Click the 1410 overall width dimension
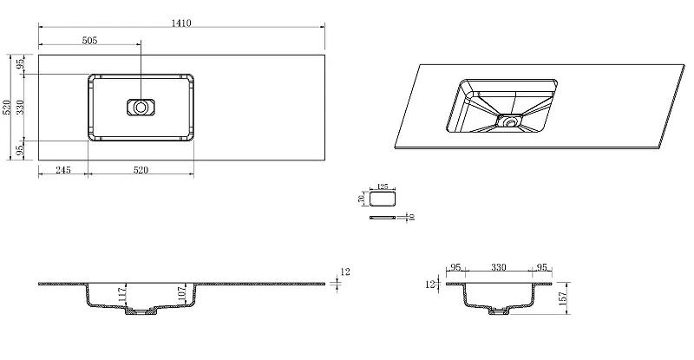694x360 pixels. pyautogui.click(x=181, y=23)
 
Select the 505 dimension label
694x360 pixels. pyautogui.click(x=89, y=41)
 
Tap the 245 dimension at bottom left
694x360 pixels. pyautogui.click(x=63, y=170)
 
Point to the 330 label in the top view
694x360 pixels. pyautogui.click(x=20, y=108)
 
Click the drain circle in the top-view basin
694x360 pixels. pyautogui.click(x=141, y=108)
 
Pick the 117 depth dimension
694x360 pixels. pyautogui.click(x=122, y=293)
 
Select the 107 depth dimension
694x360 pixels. pyautogui.click(x=181, y=293)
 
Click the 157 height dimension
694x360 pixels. pyautogui.click(x=563, y=298)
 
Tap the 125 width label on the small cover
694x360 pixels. pyautogui.click(x=383, y=187)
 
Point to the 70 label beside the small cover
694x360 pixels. pyautogui.click(x=361, y=199)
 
